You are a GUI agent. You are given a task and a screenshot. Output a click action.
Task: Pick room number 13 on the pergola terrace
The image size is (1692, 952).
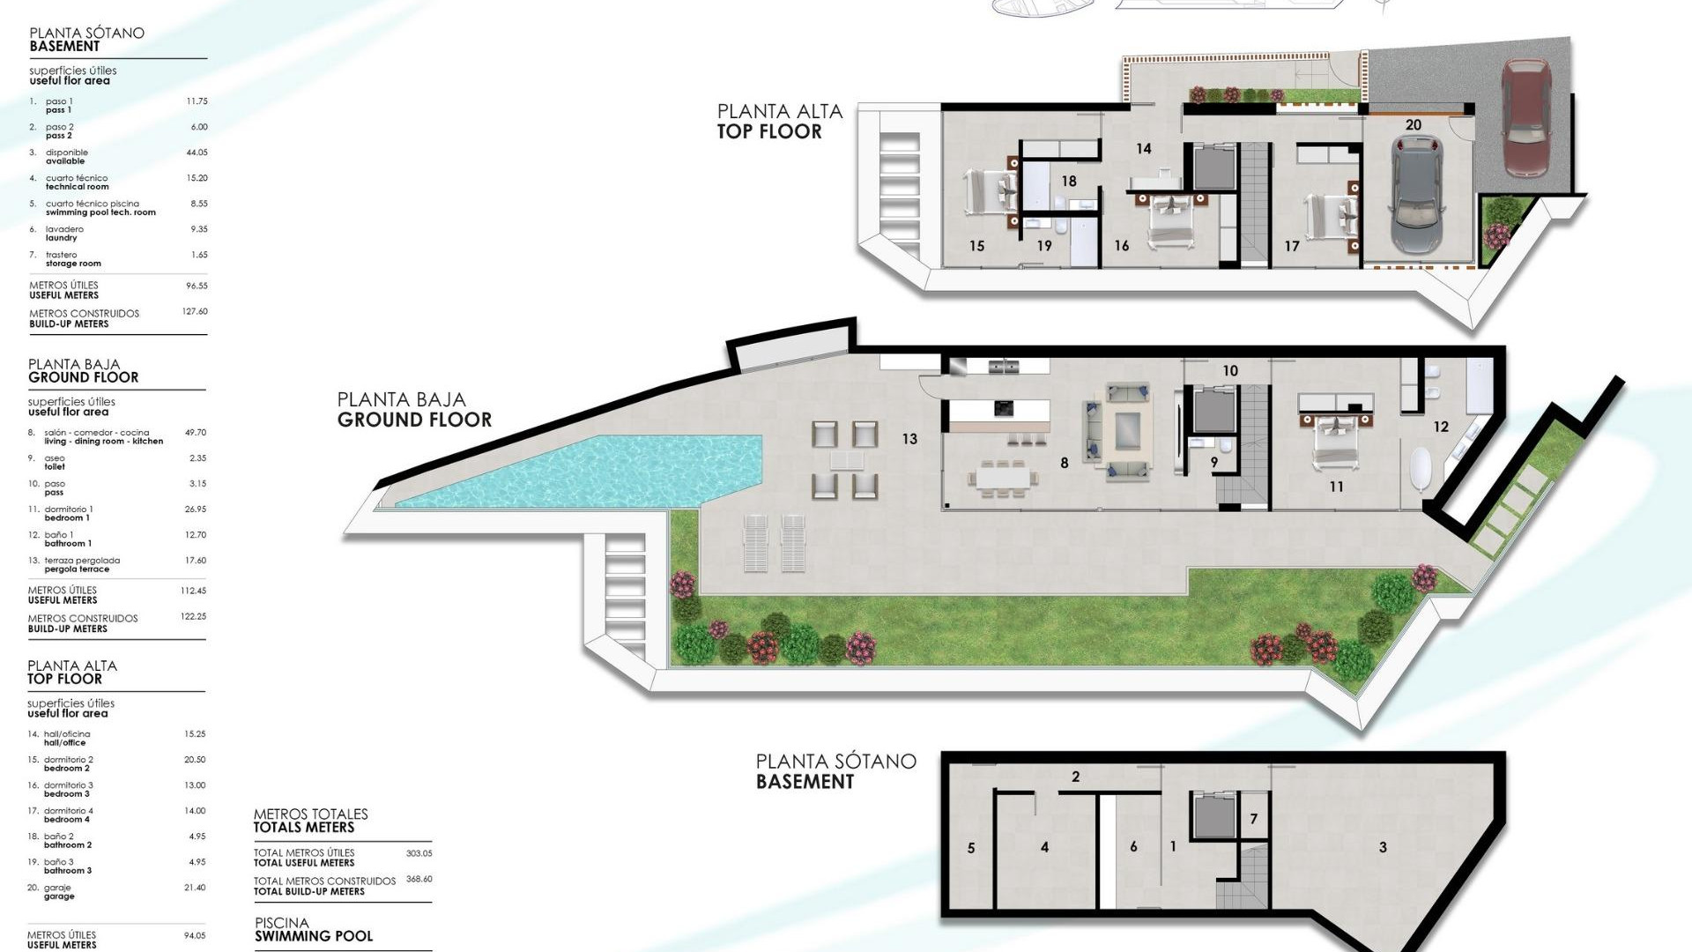[909, 438]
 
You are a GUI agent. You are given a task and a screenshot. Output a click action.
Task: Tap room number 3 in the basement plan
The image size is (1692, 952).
[1383, 847]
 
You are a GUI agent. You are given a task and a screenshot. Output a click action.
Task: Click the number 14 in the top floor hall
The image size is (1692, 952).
[1143, 149]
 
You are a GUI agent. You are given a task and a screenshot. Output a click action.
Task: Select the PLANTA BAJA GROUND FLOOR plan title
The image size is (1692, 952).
[413, 410]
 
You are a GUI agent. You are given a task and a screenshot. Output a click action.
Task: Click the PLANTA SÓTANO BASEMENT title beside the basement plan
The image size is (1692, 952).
[835, 771]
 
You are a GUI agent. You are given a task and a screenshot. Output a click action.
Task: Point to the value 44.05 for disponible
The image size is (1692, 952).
[197, 152]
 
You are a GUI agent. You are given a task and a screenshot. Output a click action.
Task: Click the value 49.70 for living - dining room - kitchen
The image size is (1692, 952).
[195, 433]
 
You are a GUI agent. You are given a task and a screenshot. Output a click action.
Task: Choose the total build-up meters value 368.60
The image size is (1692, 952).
[419, 879]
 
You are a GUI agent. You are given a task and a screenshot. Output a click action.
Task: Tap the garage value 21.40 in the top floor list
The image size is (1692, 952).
[194, 888]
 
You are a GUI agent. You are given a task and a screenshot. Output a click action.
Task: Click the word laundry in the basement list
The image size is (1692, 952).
[61, 238]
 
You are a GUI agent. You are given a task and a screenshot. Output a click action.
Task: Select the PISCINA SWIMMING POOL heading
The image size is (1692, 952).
[313, 930]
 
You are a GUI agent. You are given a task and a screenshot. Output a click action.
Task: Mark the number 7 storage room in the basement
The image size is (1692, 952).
[1253, 819]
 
